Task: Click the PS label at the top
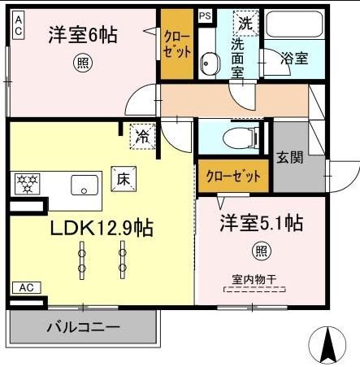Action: pyautogui.click(x=205, y=15)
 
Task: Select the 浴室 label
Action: pyautogui.click(x=293, y=59)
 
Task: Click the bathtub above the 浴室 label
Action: pyautogui.click(x=293, y=29)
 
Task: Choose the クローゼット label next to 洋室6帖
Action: pyautogui.click(x=177, y=42)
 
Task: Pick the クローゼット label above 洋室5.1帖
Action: pyautogui.click(x=233, y=176)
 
